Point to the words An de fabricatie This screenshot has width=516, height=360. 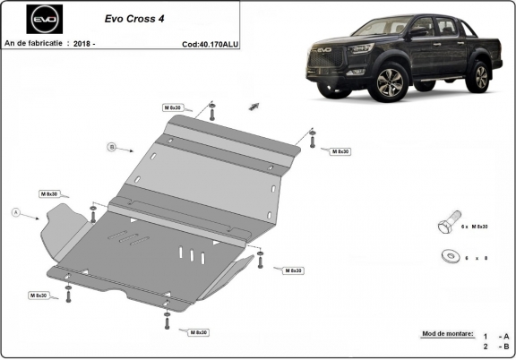pyautogui.click(x=33, y=42)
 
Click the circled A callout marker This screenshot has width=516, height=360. pyautogui.click(x=15, y=212)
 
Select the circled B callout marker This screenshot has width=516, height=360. pyautogui.click(x=112, y=146)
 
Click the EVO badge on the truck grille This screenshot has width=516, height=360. pyautogui.click(x=322, y=51)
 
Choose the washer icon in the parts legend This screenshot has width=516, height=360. pyautogui.click(x=448, y=256)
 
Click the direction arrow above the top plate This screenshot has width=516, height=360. pyautogui.click(x=254, y=105)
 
